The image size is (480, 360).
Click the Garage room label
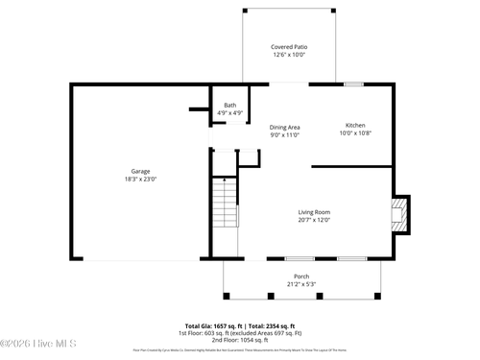(140, 171)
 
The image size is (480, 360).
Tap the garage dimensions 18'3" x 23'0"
(140, 180)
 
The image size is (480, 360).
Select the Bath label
(229, 105)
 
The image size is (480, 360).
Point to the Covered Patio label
(289, 46)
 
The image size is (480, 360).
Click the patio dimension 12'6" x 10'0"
(289, 55)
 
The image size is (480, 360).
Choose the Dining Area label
(284, 127)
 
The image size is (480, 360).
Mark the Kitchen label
(355, 126)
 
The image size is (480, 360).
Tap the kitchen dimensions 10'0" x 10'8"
(355, 133)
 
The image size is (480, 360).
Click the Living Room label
(314, 211)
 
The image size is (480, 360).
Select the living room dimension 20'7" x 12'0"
(314, 220)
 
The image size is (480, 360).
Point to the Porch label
(301, 276)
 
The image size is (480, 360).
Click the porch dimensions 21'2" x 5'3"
(301, 284)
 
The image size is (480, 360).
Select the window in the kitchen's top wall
(353, 84)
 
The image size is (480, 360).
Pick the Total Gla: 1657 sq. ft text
(212, 325)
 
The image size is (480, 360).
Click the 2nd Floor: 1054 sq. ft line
(240, 340)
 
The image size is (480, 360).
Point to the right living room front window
(351, 258)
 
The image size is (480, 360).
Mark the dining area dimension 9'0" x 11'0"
(284, 135)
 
